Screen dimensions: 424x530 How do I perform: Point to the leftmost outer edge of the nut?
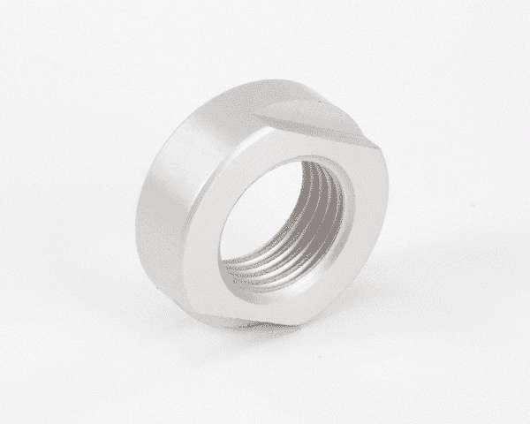point(135,208)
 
